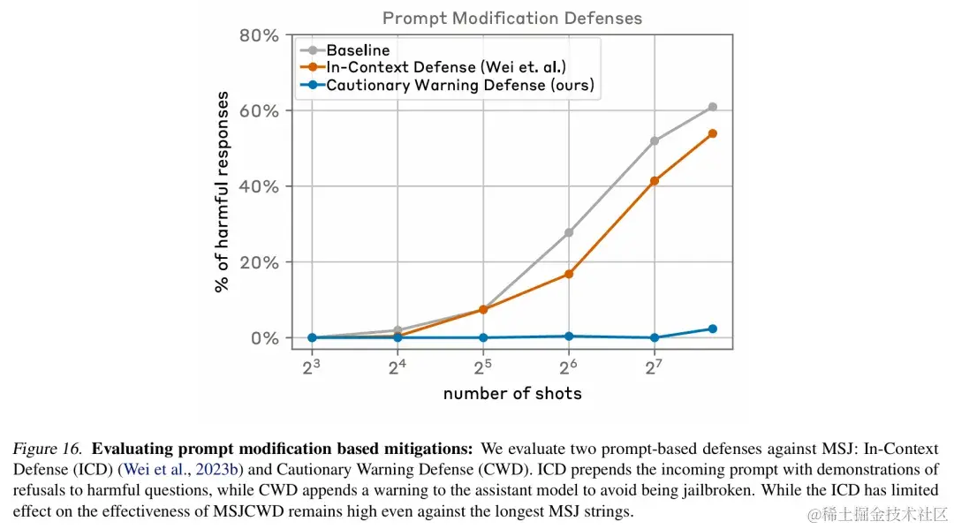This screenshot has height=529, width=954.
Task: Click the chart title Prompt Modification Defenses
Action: click(511, 18)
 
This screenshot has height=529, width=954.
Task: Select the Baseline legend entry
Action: click(358, 50)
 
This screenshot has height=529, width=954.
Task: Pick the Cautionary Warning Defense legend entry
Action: click(459, 86)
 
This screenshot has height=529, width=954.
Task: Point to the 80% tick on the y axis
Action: click(259, 36)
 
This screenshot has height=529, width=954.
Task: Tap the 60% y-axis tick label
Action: click(259, 111)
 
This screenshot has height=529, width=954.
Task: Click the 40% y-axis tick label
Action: click(259, 187)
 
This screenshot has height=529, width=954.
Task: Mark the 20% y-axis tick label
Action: click(259, 263)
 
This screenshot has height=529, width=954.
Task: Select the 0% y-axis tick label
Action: click(263, 338)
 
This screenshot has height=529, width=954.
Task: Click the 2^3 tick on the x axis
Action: click(312, 366)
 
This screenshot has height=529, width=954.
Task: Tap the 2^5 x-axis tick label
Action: click(483, 366)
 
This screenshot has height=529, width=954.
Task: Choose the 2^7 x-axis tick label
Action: click(655, 366)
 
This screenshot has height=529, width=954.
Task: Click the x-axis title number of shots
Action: click(512, 394)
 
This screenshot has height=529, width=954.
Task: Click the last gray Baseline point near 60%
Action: click(713, 107)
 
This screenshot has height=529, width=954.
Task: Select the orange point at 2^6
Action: click(569, 275)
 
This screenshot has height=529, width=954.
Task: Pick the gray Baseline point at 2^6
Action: click(569, 232)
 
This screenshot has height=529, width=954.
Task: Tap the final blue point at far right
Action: click(713, 329)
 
